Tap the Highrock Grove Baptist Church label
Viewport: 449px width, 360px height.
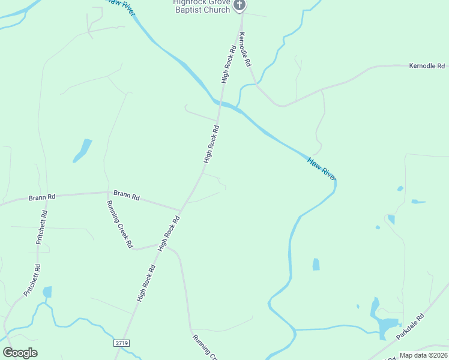[x=202, y=7]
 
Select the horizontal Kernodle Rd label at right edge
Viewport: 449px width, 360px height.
[x=427, y=65]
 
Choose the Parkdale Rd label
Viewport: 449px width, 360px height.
[x=411, y=326]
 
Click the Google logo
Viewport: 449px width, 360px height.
[x=20, y=353]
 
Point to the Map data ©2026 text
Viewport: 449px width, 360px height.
[x=423, y=355]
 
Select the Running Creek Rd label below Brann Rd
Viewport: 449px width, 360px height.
[x=119, y=224]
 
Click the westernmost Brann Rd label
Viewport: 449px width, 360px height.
[x=42, y=197]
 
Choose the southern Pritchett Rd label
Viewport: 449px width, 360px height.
[x=32, y=280]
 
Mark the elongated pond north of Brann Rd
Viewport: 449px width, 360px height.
[x=82, y=151]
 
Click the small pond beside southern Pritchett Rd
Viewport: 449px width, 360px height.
[x=47, y=292]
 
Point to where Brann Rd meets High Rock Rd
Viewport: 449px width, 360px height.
[x=181, y=210]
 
